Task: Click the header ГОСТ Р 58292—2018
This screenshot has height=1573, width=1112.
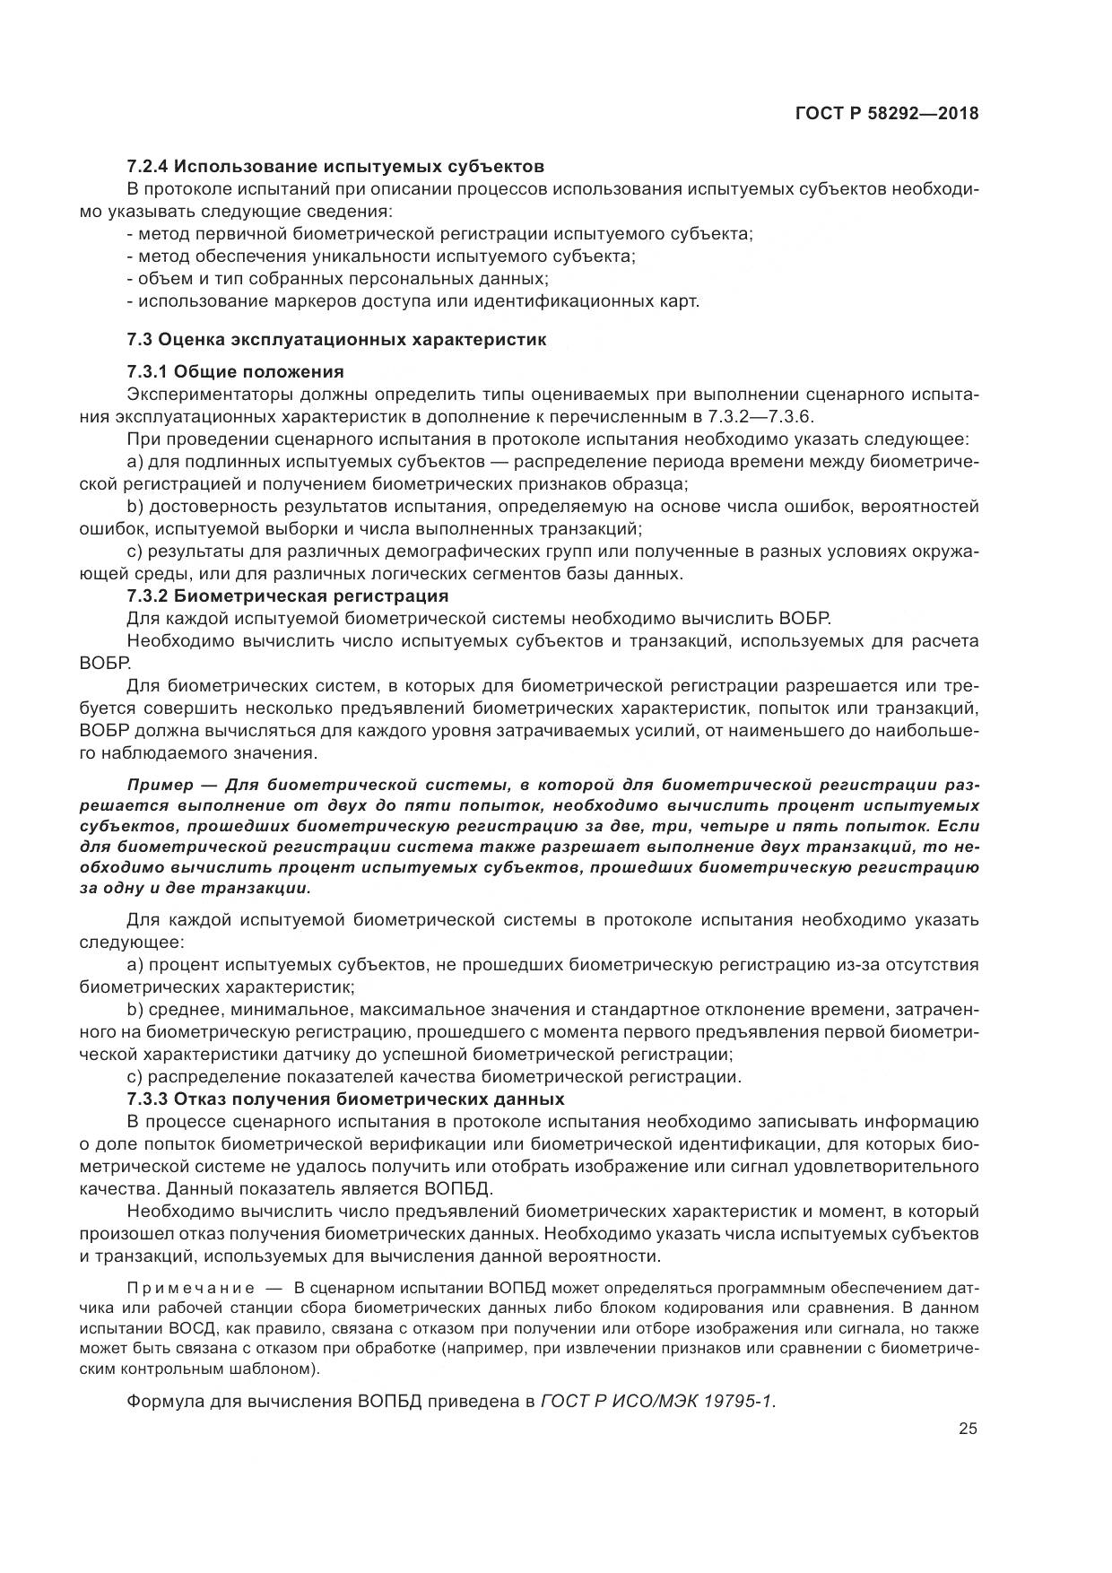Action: click(886, 114)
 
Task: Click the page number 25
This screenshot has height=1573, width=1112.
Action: click(968, 1430)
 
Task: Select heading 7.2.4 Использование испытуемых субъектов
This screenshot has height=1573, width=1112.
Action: click(335, 166)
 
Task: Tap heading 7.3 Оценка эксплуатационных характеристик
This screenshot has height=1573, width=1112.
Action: click(336, 340)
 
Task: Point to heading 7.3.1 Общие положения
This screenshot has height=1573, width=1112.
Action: click(235, 371)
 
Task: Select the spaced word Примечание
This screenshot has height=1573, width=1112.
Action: click(183, 1287)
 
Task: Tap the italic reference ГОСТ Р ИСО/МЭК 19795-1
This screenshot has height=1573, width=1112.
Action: click(659, 1402)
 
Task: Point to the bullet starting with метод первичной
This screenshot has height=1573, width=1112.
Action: click(439, 234)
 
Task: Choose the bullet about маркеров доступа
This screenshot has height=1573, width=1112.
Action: click(413, 301)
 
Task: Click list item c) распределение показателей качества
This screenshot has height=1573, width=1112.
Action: click(435, 1076)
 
